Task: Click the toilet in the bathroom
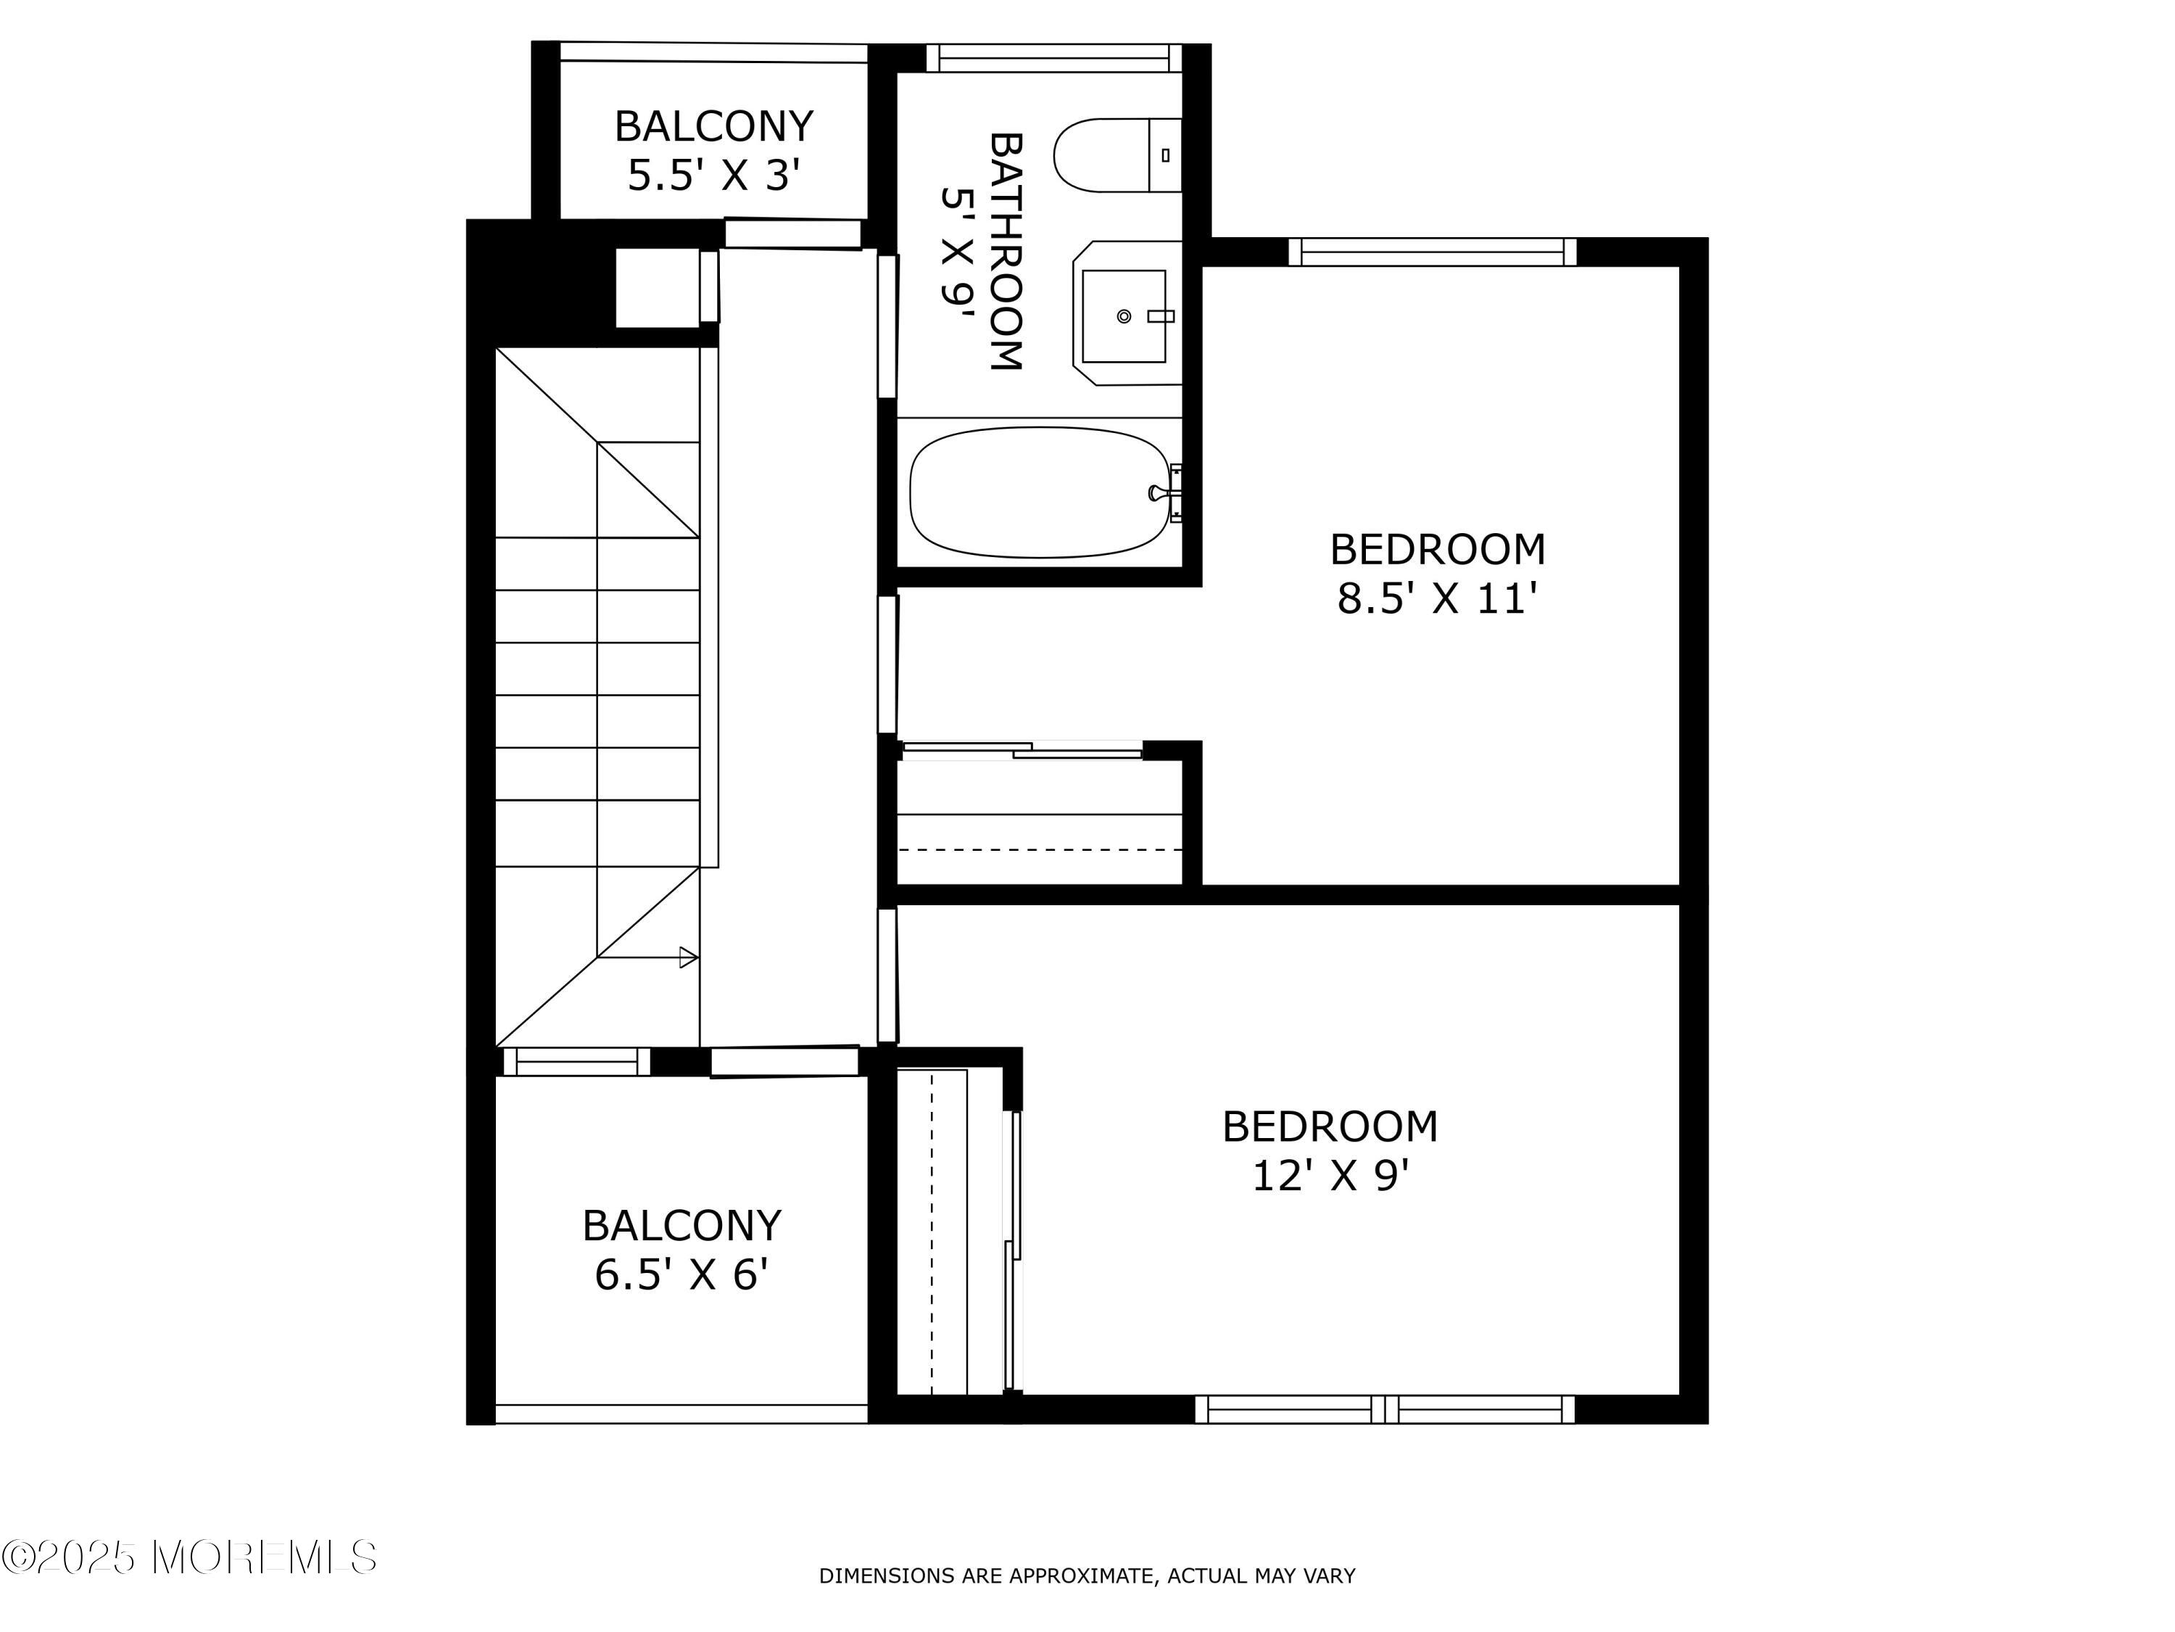click(1117, 155)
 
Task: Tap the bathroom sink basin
click(1124, 316)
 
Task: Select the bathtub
click(1040, 492)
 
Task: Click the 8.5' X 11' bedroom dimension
click(1436, 598)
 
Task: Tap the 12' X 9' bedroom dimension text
click(1330, 1176)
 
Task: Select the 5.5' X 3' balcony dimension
click(714, 176)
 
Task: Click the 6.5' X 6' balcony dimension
click(681, 1275)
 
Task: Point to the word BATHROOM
click(1006, 251)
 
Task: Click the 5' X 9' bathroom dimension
click(957, 250)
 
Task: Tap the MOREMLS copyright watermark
click(188, 1557)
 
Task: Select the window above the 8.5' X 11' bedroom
click(1433, 252)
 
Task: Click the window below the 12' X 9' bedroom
click(1385, 1409)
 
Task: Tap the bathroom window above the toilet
click(1054, 58)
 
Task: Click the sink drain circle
click(1124, 316)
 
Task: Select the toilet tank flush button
click(1165, 154)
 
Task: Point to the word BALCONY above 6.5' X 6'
click(681, 1226)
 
